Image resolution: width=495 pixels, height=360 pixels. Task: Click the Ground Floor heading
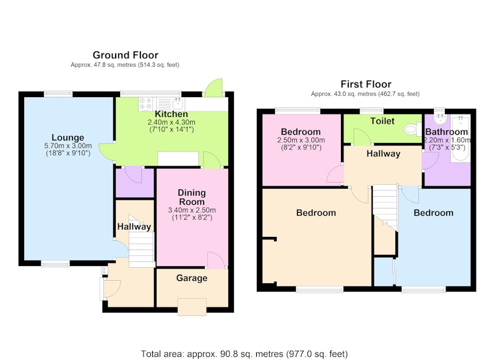click(x=126, y=55)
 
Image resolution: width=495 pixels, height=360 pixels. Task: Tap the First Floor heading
click(x=366, y=84)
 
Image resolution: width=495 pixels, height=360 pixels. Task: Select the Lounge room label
click(x=68, y=137)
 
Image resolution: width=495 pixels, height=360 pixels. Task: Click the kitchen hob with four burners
click(x=145, y=104)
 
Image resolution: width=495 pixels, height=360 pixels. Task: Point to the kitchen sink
click(x=178, y=103)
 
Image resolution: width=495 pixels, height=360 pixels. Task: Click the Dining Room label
click(x=192, y=197)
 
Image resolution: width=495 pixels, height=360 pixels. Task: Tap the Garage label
click(x=192, y=278)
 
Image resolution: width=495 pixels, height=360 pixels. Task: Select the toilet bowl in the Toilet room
click(x=411, y=129)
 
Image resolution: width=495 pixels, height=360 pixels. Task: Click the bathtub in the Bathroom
click(x=460, y=139)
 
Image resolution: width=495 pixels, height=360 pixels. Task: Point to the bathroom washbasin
click(x=440, y=119)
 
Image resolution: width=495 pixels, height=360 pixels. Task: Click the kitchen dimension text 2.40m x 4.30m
click(x=171, y=122)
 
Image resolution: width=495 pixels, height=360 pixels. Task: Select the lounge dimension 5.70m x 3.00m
click(x=68, y=146)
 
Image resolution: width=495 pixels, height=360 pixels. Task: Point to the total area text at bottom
click(x=244, y=354)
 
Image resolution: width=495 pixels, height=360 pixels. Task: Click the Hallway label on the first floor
click(x=383, y=153)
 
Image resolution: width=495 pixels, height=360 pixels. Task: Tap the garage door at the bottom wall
click(x=192, y=307)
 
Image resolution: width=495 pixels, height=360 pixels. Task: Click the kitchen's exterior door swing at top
click(x=214, y=87)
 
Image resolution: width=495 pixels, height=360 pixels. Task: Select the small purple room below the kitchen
click(x=135, y=183)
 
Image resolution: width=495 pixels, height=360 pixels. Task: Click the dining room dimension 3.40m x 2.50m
click(x=192, y=210)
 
